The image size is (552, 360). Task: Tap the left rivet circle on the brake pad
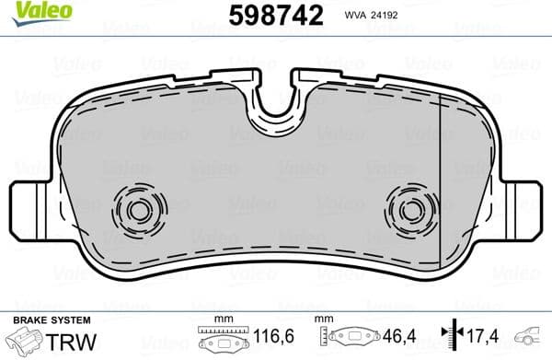click(x=138, y=210)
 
